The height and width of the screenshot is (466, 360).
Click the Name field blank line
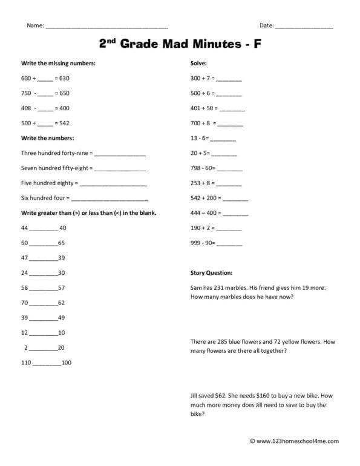click(106, 27)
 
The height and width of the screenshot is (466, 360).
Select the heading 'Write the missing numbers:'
click(58, 63)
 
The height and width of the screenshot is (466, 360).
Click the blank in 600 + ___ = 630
click(45, 79)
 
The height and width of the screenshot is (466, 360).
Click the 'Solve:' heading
click(198, 63)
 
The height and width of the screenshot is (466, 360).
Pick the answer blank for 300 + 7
click(229, 79)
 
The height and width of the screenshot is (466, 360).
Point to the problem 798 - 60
click(202, 168)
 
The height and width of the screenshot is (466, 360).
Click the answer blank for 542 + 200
click(236, 199)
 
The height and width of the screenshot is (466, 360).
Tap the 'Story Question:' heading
click(211, 273)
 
